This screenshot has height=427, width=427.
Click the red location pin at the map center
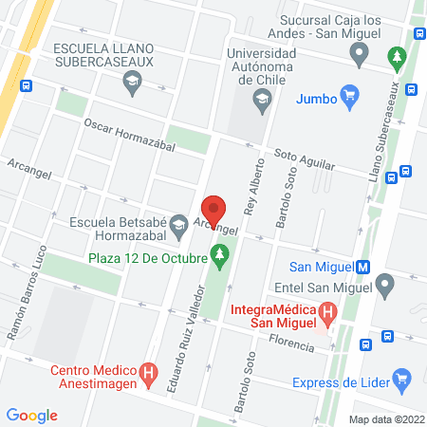214,208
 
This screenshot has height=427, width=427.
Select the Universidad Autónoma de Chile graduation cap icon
259,98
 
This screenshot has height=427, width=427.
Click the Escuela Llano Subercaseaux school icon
131,84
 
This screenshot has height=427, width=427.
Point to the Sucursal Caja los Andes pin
359,55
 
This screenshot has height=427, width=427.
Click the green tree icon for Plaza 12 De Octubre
220,255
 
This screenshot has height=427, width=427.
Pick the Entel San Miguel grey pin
384,284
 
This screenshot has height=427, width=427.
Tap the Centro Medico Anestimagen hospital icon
149,374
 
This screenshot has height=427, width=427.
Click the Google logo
32,415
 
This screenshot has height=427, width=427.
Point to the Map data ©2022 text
387,418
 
